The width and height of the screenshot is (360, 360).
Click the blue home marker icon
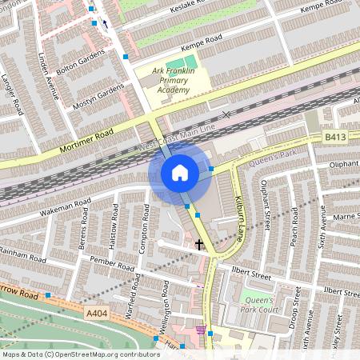pos(180,173)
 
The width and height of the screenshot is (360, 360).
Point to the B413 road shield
pos(334,138)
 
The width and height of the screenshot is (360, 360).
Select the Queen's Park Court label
pos(260,304)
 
